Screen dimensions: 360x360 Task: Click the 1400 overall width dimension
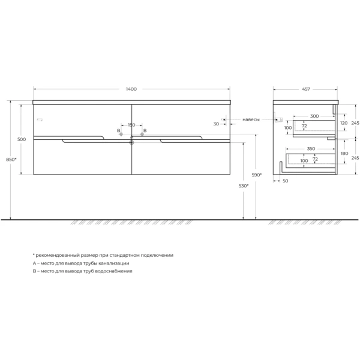click(x=131, y=89)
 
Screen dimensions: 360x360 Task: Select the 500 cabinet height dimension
click(x=22, y=139)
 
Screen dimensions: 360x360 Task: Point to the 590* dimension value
click(x=257, y=174)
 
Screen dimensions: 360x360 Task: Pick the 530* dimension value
click(x=243, y=186)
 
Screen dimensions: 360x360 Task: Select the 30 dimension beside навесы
click(x=216, y=124)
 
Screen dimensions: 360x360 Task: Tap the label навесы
click(x=251, y=119)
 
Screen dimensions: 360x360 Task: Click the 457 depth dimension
click(x=305, y=89)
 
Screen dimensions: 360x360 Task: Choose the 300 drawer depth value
click(x=314, y=116)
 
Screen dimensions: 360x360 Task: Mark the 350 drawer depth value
click(x=311, y=148)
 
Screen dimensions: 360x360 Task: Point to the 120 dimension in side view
click(x=343, y=122)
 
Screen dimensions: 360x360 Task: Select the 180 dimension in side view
click(x=343, y=154)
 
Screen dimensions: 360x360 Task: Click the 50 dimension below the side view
click(x=285, y=181)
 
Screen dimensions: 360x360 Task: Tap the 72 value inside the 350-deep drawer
click(x=314, y=159)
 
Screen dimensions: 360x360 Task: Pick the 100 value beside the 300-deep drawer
click(x=287, y=128)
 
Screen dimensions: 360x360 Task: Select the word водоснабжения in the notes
click(x=115, y=271)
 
